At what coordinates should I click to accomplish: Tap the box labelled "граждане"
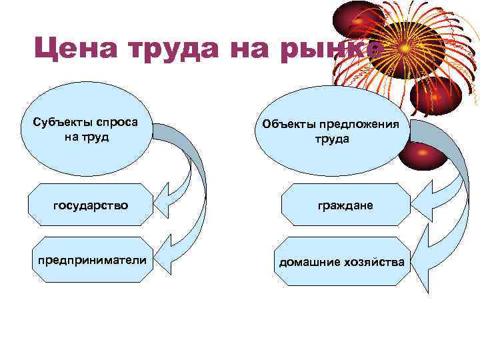pos(345,205)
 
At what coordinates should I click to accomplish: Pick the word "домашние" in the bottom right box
pos(307,261)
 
